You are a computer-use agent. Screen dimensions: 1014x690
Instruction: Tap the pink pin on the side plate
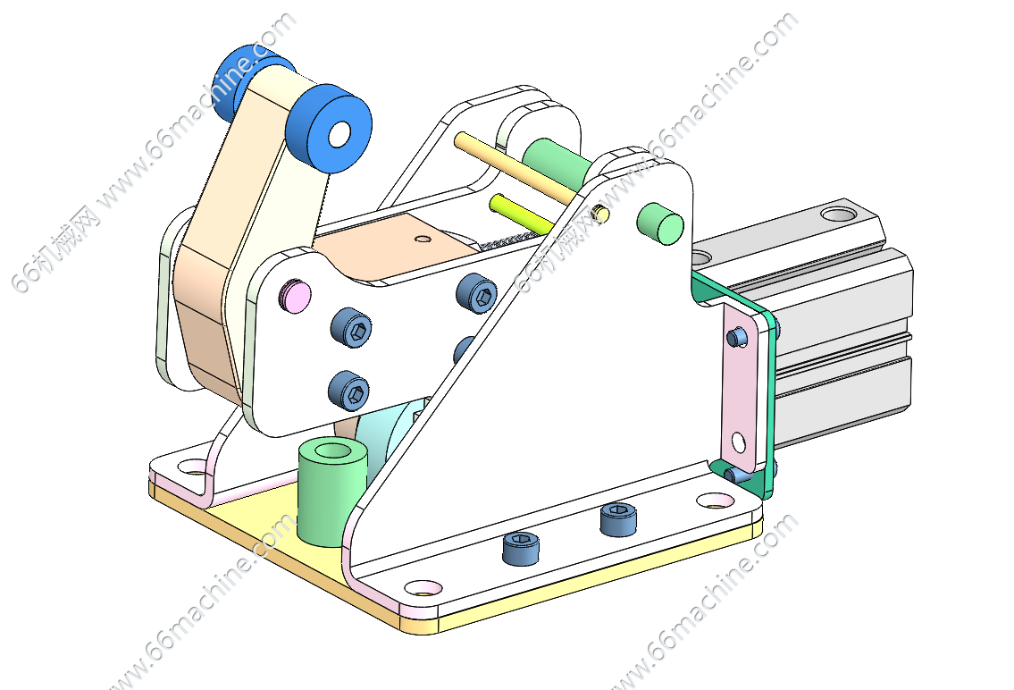[295, 296]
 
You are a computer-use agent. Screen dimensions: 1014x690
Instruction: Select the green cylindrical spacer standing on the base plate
[332, 492]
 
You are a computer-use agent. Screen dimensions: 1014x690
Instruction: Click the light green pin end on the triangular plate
[659, 223]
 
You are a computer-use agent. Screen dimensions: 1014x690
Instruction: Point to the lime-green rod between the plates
[521, 213]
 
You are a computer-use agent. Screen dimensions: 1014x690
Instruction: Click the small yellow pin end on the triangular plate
[600, 213]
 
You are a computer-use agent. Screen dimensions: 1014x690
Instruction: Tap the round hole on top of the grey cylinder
[838, 213]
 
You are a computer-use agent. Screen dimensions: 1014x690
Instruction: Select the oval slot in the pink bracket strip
[739, 443]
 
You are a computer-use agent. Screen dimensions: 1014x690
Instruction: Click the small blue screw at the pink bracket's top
[736, 338]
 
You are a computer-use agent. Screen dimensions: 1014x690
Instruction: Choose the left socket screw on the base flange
[521, 549]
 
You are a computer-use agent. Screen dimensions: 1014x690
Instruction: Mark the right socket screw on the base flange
[618, 519]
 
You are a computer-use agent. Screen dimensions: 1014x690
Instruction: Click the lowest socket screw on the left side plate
[349, 391]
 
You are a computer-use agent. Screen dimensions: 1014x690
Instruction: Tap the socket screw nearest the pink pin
[351, 327]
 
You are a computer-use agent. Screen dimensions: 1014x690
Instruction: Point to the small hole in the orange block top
[423, 239]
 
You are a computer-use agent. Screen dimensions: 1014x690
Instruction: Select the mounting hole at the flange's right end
[716, 500]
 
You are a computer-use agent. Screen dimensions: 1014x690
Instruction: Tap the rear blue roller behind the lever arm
[249, 78]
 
